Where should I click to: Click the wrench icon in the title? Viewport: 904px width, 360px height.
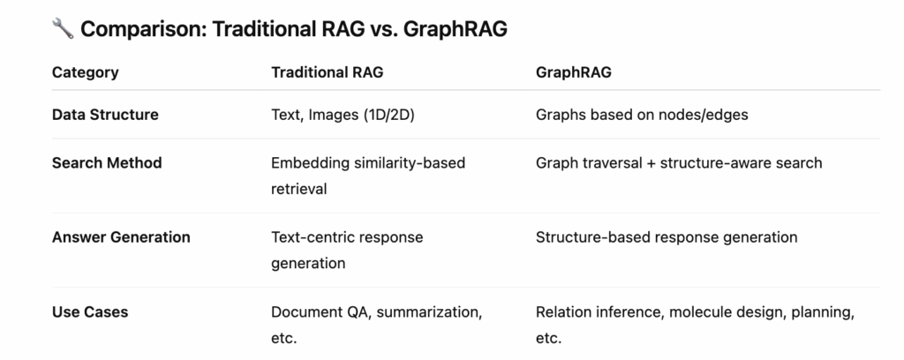point(63,28)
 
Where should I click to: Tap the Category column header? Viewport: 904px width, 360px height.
point(86,72)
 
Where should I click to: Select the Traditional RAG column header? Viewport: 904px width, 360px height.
point(327,72)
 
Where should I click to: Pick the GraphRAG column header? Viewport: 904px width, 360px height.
point(574,72)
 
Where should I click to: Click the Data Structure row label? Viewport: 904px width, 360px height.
point(105,115)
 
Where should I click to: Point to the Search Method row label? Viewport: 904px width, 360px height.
point(107,163)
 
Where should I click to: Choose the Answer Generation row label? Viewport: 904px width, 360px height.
point(121,237)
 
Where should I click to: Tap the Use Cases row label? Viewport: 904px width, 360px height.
point(90,312)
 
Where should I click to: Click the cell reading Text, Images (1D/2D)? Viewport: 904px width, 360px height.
point(343,116)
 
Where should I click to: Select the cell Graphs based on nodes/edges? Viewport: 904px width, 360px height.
point(643,116)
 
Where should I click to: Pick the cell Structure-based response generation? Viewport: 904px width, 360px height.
point(667,238)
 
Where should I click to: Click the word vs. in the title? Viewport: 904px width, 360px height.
point(382,29)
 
